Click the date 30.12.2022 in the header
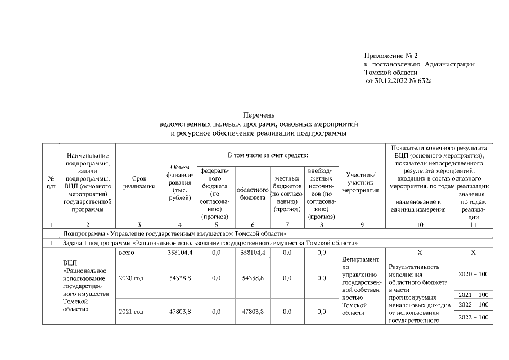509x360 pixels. click(398, 81)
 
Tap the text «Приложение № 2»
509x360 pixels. click(391, 56)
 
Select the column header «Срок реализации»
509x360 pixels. click(139, 182)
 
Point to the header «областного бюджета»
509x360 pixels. click(253, 193)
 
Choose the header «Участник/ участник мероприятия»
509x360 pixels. click(360, 182)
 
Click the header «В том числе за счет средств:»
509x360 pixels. click(267, 154)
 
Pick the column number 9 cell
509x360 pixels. click(360, 224)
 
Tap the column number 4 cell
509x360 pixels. click(179, 224)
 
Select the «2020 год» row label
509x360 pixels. click(130, 278)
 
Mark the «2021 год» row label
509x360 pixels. click(130, 311)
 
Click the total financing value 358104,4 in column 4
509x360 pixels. click(180, 253)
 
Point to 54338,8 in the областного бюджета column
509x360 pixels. click(253, 278)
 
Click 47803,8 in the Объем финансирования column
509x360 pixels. click(180, 311)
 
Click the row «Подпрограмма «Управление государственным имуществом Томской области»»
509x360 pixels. click(175, 233)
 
